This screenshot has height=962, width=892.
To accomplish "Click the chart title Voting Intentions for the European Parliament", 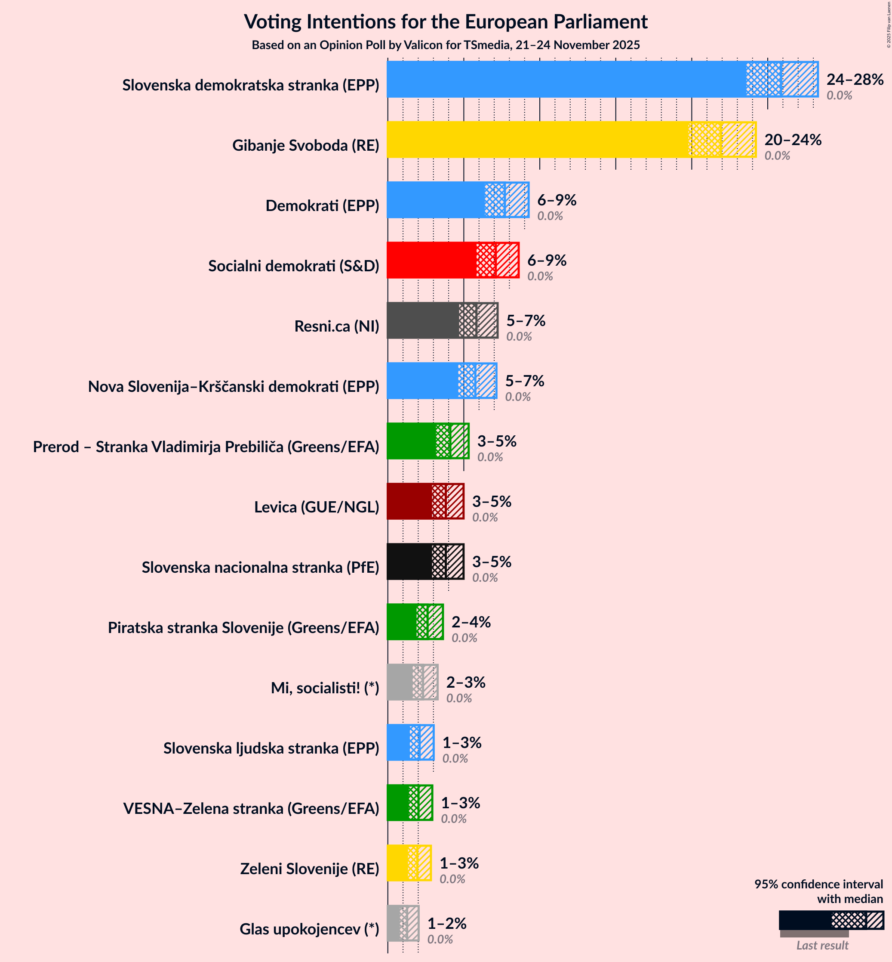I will click(x=446, y=22).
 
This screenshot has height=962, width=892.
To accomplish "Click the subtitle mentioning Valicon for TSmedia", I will click(x=446, y=45).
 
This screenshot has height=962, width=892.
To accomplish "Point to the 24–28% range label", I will click(x=854, y=79).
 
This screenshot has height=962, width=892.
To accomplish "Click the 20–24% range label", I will click(x=793, y=140).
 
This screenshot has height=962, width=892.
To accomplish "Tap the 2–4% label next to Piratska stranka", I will click(x=471, y=622).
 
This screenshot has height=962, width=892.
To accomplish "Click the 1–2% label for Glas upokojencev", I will click(x=446, y=923).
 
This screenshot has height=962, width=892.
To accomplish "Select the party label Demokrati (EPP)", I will click(x=322, y=206).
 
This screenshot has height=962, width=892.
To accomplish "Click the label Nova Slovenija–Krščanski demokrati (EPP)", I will click(x=233, y=387).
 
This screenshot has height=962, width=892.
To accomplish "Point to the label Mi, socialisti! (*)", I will click(x=325, y=688).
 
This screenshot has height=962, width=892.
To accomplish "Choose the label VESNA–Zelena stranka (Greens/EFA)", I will click(x=251, y=808).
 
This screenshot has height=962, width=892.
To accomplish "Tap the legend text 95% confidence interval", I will click(x=818, y=884).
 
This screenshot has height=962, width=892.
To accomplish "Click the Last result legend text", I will click(x=822, y=945).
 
